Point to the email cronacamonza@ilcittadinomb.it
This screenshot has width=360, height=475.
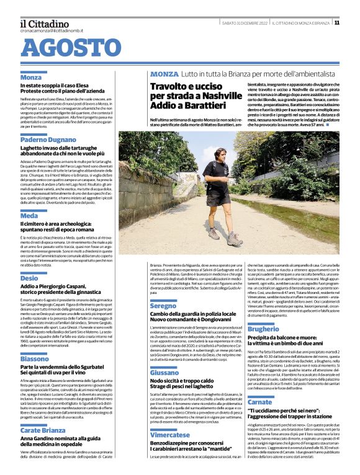click(51, 30)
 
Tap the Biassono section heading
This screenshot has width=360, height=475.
click(35, 359)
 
